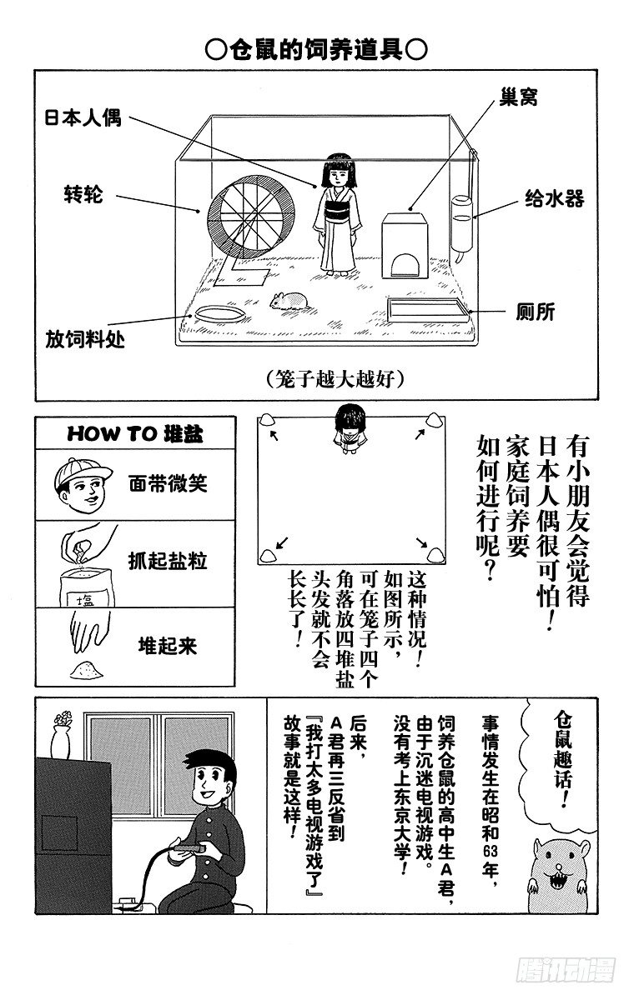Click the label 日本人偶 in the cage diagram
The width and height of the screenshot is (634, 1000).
(83, 117)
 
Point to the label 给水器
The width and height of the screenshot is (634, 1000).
(553, 198)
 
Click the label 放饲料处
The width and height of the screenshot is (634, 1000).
(85, 341)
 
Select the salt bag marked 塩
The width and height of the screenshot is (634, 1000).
(83, 592)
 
